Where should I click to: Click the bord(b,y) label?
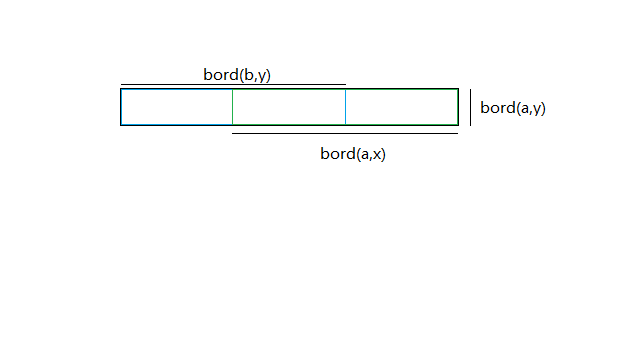pyautogui.click(x=237, y=75)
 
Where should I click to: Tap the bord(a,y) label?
pyautogui.click(x=512, y=108)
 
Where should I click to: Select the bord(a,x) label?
pyautogui.click(x=353, y=153)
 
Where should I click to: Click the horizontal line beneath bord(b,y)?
pyautogui.click(x=233, y=85)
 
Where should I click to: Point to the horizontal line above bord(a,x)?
pyautogui.click(x=345, y=133)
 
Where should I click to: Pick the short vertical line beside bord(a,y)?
pyautogui.click(x=471, y=107)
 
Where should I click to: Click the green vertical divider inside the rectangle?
pyautogui.click(x=232, y=107)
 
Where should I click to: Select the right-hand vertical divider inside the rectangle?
pyautogui.click(x=345, y=107)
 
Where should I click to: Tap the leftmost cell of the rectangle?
pyautogui.click(x=177, y=107)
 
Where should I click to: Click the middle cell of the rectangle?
pyautogui.click(x=289, y=107)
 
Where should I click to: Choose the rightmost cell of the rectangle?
pyautogui.click(x=401, y=107)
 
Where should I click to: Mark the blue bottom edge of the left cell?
pyautogui.click(x=177, y=125)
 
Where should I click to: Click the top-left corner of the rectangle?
pyautogui.click(x=121, y=89)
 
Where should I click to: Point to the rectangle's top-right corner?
pyautogui.click(x=458, y=89)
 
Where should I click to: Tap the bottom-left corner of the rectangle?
pyautogui.click(x=121, y=125)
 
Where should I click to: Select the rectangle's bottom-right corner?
pyautogui.click(x=458, y=125)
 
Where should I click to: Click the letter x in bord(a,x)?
pyautogui.click(x=377, y=154)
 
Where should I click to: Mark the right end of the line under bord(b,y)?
pyautogui.click(x=345, y=85)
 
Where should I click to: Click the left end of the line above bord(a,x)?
pyautogui.click(x=233, y=133)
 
